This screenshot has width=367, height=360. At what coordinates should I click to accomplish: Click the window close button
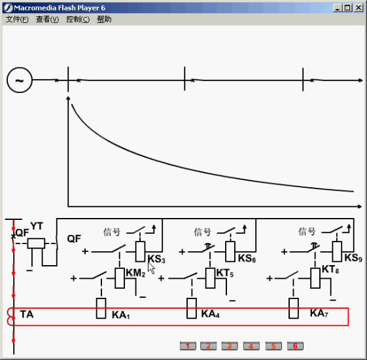[x=358, y=8]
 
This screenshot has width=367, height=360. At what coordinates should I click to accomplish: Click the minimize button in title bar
[x=338, y=8]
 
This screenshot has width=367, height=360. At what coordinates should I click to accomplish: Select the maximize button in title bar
[x=347, y=8]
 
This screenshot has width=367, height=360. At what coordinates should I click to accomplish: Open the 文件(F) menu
[x=17, y=19]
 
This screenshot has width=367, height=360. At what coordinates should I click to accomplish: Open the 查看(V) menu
[x=47, y=19]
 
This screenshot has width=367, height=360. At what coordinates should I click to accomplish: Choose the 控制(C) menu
[x=78, y=19]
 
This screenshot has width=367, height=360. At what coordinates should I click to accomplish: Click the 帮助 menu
[x=104, y=19]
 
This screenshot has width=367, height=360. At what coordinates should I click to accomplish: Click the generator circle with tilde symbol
[x=20, y=80]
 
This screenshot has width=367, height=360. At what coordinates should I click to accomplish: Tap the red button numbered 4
[x=251, y=346]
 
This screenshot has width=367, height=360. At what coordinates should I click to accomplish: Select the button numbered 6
[x=295, y=346]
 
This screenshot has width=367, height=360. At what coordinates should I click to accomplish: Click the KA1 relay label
[x=121, y=315]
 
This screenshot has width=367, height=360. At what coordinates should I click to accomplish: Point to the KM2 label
[x=135, y=273]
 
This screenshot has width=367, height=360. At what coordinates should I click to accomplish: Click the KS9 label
[x=353, y=258]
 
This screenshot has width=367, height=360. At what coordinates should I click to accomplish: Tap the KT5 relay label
[x=224, y=273]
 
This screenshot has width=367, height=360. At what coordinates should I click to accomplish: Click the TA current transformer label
[x=27, y=314]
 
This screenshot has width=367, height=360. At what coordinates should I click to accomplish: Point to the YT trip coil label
[x=37, y=226]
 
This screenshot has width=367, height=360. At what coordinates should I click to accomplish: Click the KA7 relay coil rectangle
[x=294, y=308]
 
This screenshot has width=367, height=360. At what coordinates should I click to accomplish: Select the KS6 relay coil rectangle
[x=230, y=251]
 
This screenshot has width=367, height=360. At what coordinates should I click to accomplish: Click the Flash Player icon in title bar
[x=9, y=8]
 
